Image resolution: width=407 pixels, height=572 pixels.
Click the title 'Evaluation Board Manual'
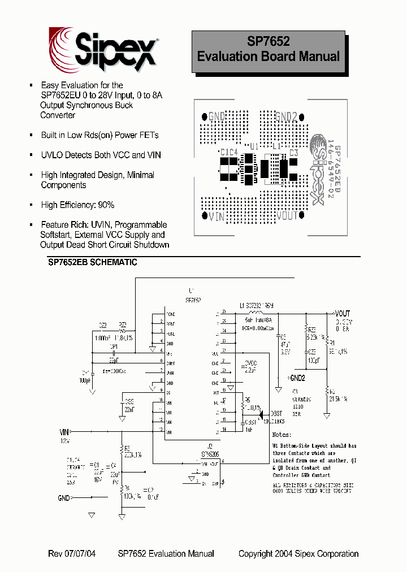(268, 57)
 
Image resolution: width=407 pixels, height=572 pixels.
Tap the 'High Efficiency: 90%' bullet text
(77, 205)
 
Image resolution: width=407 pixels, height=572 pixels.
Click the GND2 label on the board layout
(286, 117)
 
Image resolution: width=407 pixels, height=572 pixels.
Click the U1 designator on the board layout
(254, 146)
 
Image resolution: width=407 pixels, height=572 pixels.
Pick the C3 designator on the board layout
(293, 153)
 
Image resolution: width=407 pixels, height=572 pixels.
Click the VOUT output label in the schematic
(343, 313)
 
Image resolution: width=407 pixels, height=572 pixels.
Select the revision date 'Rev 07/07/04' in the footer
(73, 554)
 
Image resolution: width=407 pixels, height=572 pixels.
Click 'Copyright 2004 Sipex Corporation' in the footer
(298, 554)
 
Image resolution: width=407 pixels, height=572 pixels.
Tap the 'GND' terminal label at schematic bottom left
(64, 498)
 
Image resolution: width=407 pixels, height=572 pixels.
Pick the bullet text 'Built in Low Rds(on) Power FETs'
(99, 135)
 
